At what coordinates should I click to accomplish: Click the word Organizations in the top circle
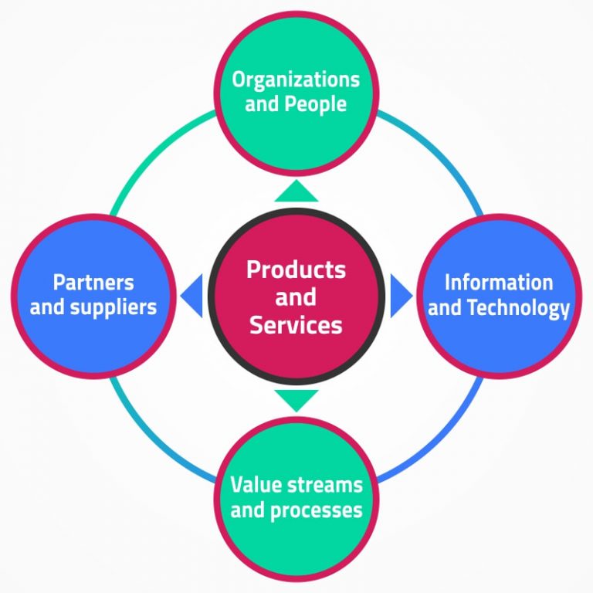coord(296,80)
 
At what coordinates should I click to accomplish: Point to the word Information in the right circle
coord(499,283)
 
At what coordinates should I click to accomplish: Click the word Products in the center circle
coord(296,269)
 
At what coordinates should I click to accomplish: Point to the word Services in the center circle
coord(296,325)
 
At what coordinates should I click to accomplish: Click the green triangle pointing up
coord(296,191)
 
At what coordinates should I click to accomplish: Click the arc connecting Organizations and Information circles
coord(436,154)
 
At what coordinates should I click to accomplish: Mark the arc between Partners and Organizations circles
coord(155,154)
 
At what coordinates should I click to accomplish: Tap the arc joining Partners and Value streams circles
coord(154,436)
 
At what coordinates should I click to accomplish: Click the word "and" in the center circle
coord(296,297)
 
